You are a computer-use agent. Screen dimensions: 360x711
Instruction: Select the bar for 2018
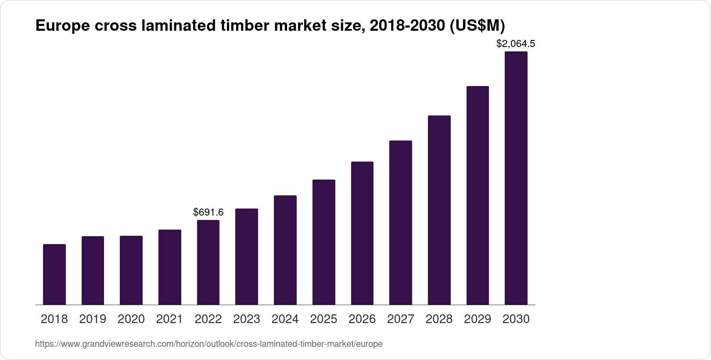tap(54, 274)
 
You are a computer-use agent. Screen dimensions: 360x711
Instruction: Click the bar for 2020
tap(131, 270)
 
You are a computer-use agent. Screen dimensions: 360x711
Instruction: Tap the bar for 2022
tap(208, 262)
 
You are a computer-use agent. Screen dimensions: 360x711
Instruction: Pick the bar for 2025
tap(324, 242)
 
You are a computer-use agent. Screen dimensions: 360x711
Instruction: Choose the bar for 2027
tap(401, 223)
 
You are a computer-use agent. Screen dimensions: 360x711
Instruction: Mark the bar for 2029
tap(478, 195)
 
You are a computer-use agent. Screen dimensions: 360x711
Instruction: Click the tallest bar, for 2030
tap(516, 178)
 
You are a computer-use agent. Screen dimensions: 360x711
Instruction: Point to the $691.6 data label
tap(208, 212)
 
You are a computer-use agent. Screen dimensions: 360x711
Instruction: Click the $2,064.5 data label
tap(516, 44)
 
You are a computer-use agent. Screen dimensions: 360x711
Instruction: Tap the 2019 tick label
tap(93, 319)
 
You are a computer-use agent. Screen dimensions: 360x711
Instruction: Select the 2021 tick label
tap(169, 319)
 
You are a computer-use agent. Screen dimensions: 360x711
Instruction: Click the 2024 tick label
tap(285, 319)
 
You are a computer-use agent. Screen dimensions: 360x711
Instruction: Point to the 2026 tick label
tap(362, 319)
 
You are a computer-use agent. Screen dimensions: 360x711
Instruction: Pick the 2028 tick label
tap(439, 319)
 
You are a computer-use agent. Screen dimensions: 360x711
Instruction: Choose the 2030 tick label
tap(516, 319)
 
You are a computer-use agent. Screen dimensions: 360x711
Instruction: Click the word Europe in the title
tap(62, 26)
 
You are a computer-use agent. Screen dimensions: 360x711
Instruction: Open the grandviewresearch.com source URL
tap(208, 344)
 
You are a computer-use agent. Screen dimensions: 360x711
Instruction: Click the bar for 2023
tap(247, 256)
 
